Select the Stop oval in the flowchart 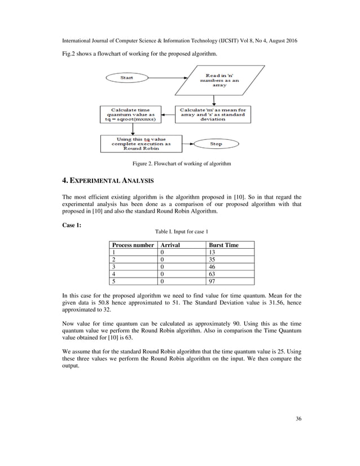[216, 144]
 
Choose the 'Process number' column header [133, 245]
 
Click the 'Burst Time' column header [223, 245]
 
